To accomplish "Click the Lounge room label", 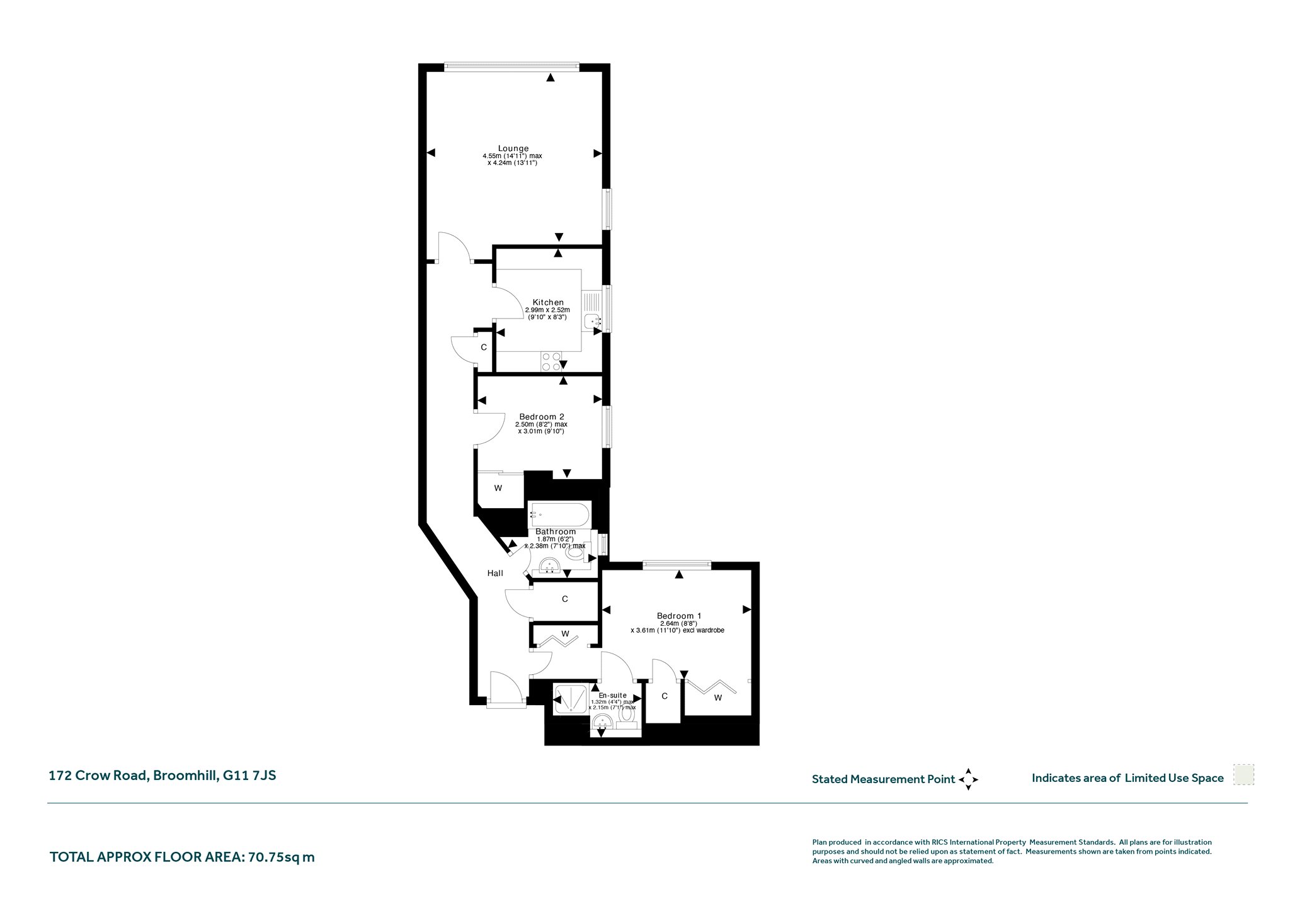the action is (x=513, y=149).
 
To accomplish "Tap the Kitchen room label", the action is (x=548, y=302).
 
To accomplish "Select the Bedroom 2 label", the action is (x=541, y=416).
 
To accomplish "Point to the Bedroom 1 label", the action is (x=679, y=616).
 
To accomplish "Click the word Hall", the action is (x=495, y=573).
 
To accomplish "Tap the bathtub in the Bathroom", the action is (x=559, y=515).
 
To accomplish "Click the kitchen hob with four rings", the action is (x=551, y=361).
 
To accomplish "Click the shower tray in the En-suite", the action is (x=570, y=699).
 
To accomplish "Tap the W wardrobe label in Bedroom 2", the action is (x=498, y=488).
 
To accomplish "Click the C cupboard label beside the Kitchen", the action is (x=484, y=347).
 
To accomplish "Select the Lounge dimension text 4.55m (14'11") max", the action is (x=512, y=156).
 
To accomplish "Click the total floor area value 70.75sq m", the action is (x=282, y=857).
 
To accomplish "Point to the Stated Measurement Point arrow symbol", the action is (x=969, y=779).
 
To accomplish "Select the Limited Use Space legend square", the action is (x=1243, y=775).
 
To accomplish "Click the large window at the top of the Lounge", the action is (x=511, y=64).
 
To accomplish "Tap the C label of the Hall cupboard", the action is (x=565, y=599).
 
